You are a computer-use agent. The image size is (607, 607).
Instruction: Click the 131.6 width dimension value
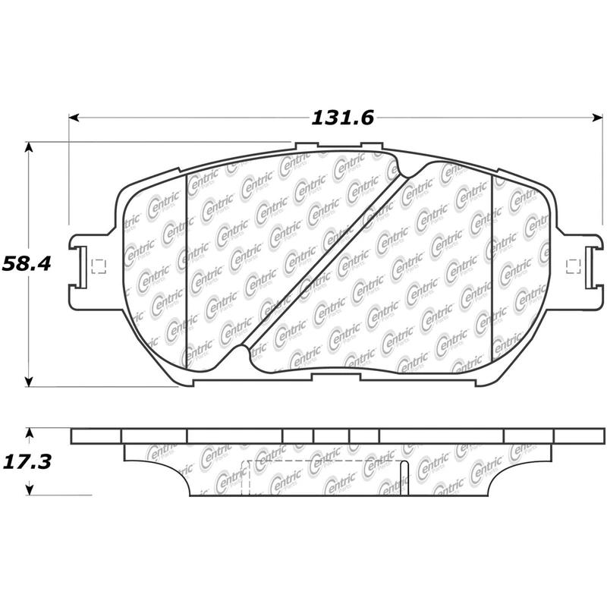[x=343, y=118]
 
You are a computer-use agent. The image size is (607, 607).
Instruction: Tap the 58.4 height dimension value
[x=27, y=264]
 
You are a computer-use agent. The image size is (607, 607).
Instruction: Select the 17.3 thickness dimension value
[x=27, y=462]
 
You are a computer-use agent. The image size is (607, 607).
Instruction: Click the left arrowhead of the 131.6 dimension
[x=74, y=117]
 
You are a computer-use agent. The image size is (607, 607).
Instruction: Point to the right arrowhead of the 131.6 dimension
[x=598, y=117]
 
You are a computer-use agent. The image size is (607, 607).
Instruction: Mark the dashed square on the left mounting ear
[x=99, y=266]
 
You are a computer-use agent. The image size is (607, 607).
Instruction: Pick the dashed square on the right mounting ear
[x=574, y=266]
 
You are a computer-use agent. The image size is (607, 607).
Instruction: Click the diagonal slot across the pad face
[x=325, y=260]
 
